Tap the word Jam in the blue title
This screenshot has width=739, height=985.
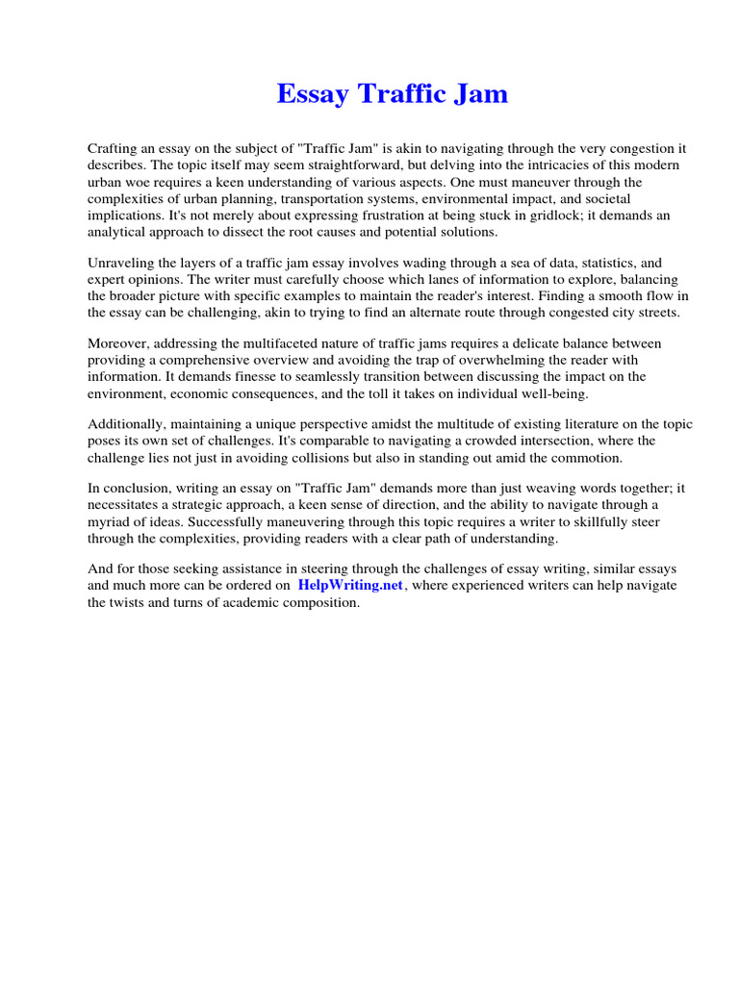click(x=481, y=94)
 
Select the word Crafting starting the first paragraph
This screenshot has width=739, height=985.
click(x=115, y=149)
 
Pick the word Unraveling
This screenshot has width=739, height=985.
click(x=123, y=262)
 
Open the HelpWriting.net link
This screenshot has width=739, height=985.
click(x=351, y=585)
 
